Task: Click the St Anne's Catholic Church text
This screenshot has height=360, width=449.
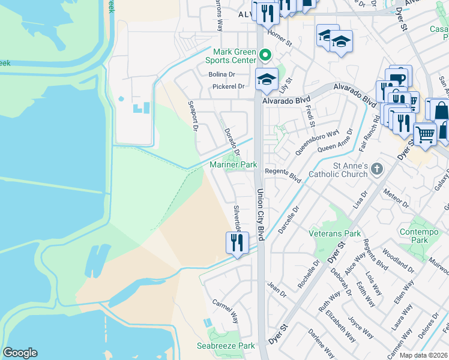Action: click(x=337, y=170)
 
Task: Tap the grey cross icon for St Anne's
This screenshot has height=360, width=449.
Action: click(x=376, y=169)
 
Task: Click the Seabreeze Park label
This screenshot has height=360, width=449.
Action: click(x=226, y=346)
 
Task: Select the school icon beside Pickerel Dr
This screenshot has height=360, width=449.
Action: click(x=266, y=79)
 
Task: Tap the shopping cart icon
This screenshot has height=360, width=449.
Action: click(x=425, y=134)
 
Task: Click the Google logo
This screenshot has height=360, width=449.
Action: click(x=20, y=353)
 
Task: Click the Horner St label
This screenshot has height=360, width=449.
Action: click(x=280, y=40)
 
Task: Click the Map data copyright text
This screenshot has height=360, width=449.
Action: click(x=423, y=356)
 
